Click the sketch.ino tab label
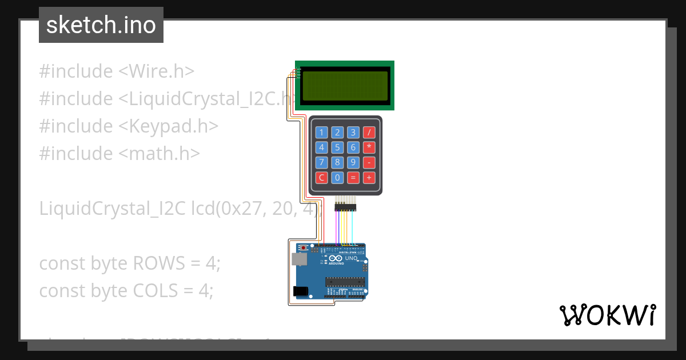(x=101, y=25)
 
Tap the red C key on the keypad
(x=321, y=178)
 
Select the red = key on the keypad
(x=353, y=178)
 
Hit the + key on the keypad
(x=369, y=178)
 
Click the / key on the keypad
(x=369, y=133)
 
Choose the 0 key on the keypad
(x=337, y=178)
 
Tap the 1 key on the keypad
(x=321, y=133)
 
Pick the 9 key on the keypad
(x=353, y=162)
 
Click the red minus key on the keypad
(x=369, y=162)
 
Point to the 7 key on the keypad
(x=321, y=162)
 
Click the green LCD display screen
(x=345, y=85)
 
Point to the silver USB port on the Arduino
(x=298, y=259)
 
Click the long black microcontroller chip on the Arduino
(x=345, y=281)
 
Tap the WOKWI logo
(x=608, y=315)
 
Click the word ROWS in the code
(x=155, y=263)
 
